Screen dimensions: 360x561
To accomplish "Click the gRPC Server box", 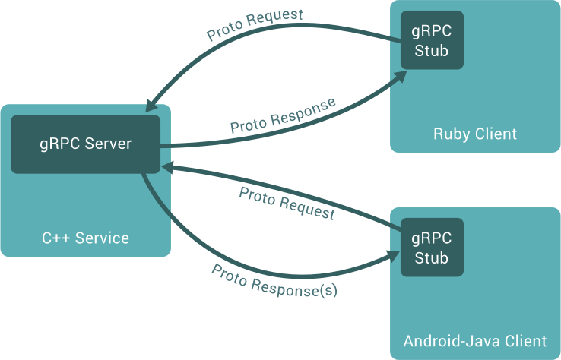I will [x=85, y=143].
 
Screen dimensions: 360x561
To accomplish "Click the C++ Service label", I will [x=85, y=238].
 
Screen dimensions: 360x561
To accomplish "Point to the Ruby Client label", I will [x=475, y=134].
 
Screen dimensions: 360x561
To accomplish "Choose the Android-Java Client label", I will [x=475, y=340].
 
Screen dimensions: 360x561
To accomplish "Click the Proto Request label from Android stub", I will [x=287, y=203].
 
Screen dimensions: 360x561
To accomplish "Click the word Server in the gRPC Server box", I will [x=106, y=143].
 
